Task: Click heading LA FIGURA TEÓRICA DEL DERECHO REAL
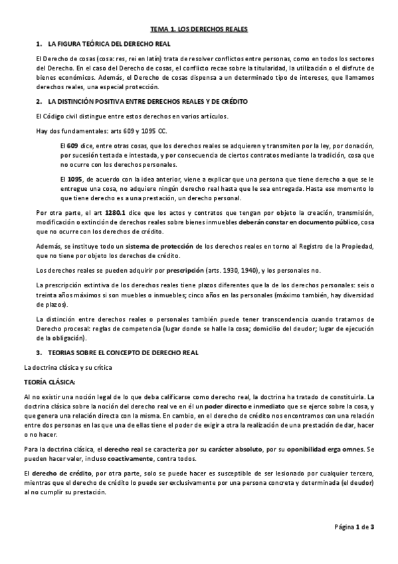pos(109,43)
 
